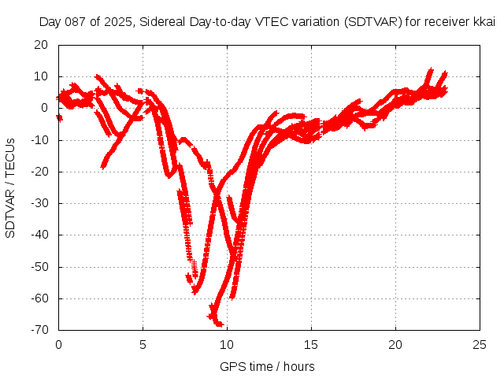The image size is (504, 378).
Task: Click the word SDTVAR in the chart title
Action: point(369,23)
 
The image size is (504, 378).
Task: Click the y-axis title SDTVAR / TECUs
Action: point(10,187)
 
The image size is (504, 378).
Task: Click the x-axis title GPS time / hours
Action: point(268,366)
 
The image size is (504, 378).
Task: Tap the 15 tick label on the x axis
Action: point(312,345)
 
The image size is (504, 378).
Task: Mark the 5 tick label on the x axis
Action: point(143,345)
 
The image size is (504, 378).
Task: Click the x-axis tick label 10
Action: point(227,345)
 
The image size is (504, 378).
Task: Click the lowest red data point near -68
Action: point(219,324)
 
